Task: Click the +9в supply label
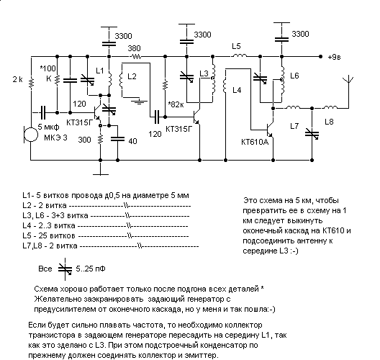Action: tap(334, 58)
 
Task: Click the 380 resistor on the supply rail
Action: tap(136, 57)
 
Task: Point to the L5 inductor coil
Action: tap(239, 55)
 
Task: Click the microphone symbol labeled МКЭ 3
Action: tap(31, 134)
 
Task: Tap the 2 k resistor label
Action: tap(18, 79)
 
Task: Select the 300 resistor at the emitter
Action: tap(100, 139)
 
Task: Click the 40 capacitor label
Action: tap(132, 141)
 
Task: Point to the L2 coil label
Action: tap(132, 76)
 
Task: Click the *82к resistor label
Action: tap(176, 104)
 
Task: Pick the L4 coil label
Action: tap(237, 90)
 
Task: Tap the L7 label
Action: tap(294, 126)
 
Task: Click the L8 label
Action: tap(329, 122)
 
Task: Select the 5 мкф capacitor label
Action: tap(48, 127)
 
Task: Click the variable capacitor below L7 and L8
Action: tap(312, 134)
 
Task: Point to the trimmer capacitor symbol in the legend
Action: tap(65, 269)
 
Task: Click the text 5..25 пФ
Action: tap(91, 269)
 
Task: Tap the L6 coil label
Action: tap(294, 76)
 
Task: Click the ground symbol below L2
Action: tap(139, 101)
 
